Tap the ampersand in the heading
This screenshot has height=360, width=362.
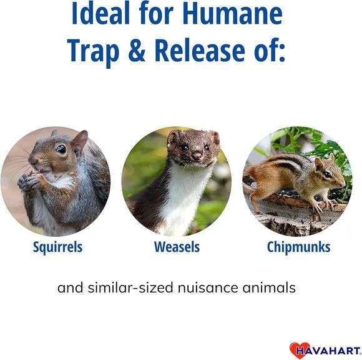click(x=139, y=51)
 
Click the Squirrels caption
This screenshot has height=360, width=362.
click(x=57, y=247)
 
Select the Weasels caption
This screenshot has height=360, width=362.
click(x=177, y=247)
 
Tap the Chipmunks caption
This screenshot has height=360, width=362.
click(x=298, y=247)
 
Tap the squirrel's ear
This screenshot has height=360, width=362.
click(x=79, y=141)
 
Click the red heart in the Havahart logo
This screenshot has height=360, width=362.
click(x=298, y=349)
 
